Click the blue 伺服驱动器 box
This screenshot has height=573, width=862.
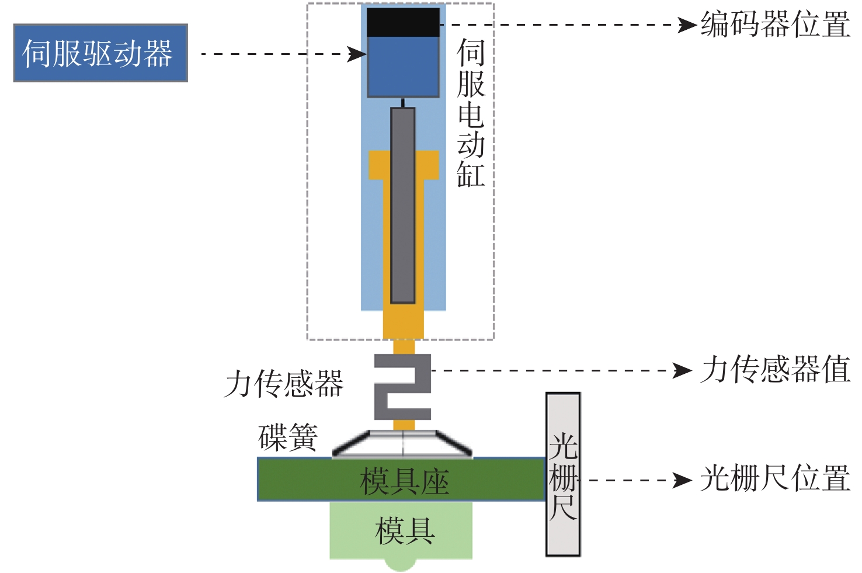tap(100, 53)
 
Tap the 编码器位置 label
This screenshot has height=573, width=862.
tap(775, 25)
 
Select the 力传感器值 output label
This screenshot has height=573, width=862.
tap(775, 370)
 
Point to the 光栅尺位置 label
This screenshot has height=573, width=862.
tap(775, 479)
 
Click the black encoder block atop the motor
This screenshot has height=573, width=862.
tap(403, 22)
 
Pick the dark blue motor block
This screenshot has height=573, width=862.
tap(403, 67)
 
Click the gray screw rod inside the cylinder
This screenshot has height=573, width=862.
tap(403, 204)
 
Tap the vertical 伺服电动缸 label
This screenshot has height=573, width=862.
tap(471, 113)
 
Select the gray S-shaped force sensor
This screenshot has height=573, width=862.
tap(402, 387)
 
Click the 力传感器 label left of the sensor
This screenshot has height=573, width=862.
tap(284, 384)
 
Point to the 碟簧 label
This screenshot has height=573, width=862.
tap(288, 437)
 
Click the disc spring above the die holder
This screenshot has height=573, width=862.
tap(402, 444)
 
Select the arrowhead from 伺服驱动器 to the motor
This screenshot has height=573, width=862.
tap(356, 54)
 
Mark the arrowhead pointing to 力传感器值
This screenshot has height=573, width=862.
tap(682, 370)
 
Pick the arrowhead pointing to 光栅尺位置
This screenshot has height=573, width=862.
tap(682, 480)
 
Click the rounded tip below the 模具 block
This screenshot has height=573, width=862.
tap(401, 564)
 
